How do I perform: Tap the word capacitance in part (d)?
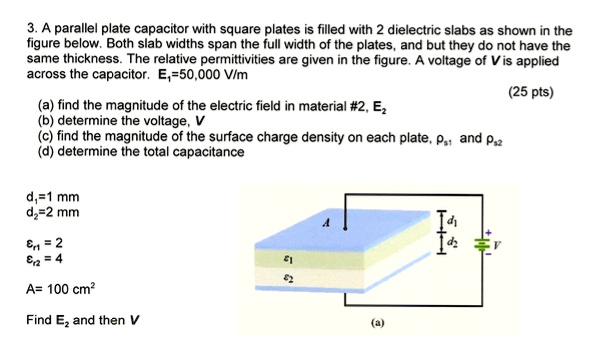(208, 152)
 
